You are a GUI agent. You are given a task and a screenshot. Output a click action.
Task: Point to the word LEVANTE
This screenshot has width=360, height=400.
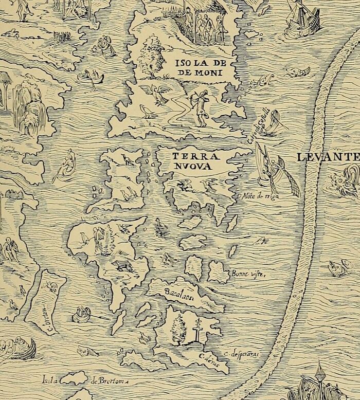[328, 157]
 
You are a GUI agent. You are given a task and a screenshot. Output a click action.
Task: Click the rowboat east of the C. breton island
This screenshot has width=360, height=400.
[82, 313]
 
